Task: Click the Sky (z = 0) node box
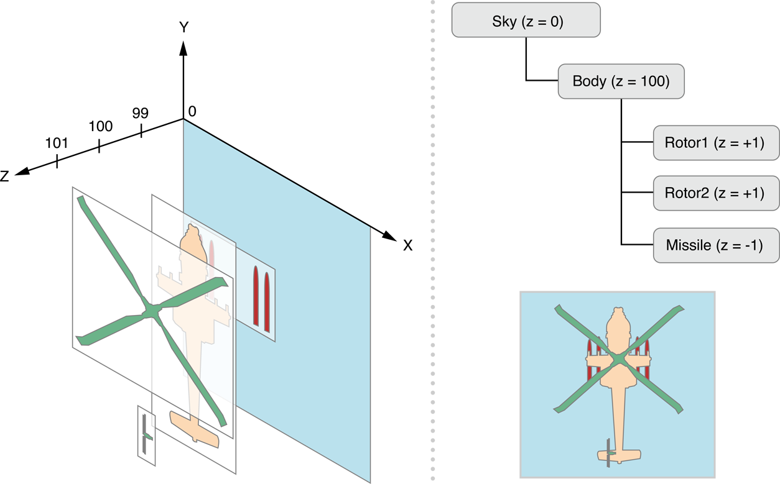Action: click(526, 21)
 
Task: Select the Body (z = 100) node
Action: click(621, 81)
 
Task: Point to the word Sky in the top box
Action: click(504, 21)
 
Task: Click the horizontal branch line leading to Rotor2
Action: click(638, 193)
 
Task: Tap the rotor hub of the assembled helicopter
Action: click(619, 358)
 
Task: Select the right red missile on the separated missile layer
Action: click(267, 300)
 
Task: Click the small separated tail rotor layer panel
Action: click(146, 435)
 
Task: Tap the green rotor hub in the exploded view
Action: click(151, 311)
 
